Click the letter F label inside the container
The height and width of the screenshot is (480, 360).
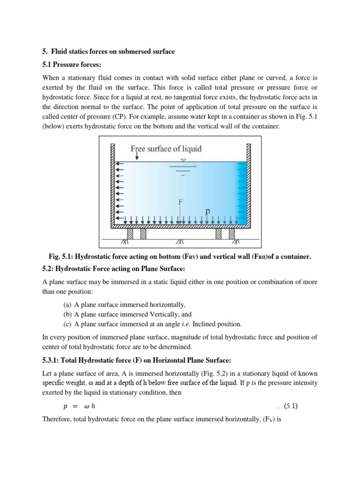[180, 202]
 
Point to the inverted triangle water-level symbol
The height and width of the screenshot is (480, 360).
[183, 160]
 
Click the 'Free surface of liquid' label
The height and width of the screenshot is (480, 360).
[166, 149]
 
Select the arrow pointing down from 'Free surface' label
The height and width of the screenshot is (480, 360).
[136, 157]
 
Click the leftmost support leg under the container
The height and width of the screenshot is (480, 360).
[130, 233]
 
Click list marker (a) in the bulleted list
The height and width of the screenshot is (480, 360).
[67, 304]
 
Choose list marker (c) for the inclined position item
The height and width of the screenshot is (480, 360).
[67, 324]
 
